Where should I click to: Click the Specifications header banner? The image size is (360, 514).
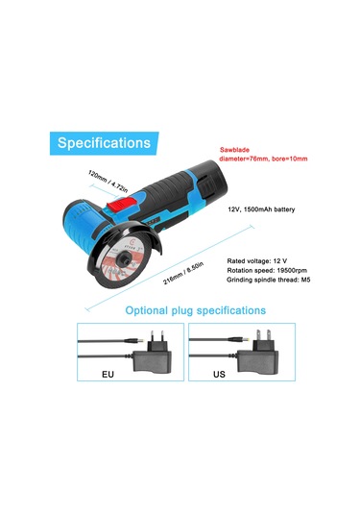[103, 143]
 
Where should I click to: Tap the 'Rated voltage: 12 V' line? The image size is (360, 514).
[257, 260]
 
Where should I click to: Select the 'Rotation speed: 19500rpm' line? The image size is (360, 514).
[266, 270]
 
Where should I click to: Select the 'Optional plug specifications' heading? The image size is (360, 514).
[196, 310]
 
